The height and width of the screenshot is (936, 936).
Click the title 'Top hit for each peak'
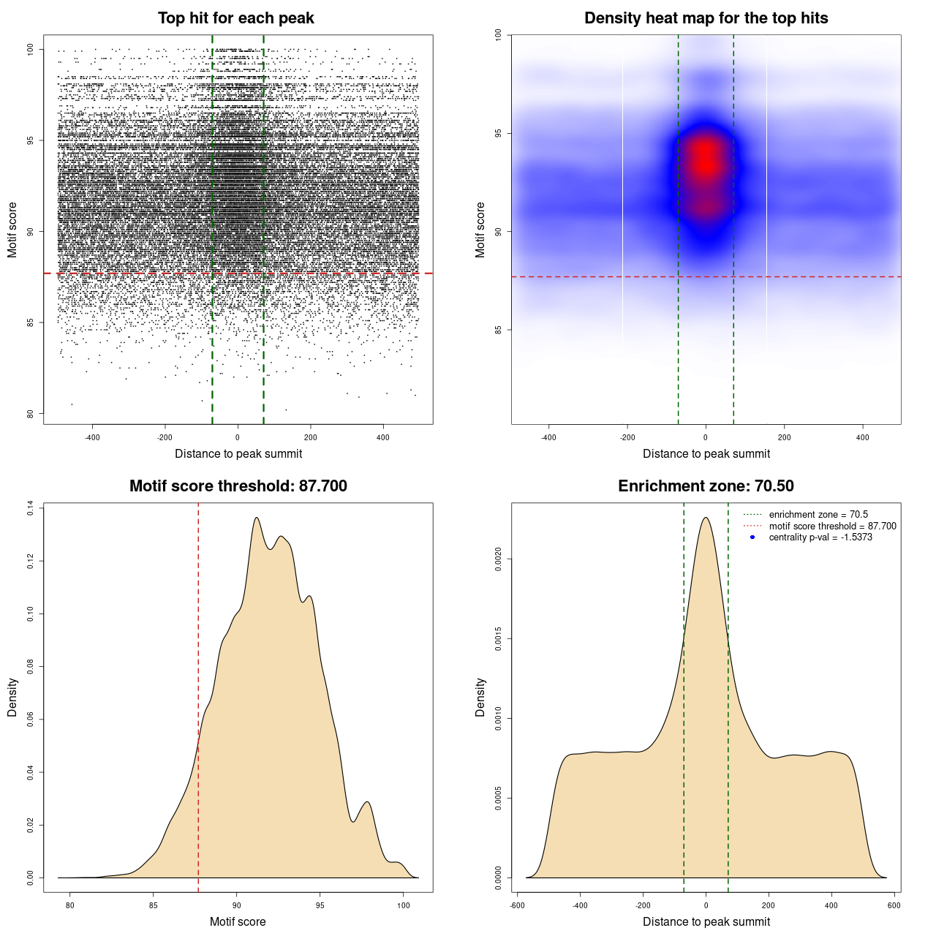(x=235, y=18)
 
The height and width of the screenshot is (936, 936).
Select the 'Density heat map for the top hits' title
(x=706, y=18)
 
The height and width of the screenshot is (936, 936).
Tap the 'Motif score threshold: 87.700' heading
(x=238, y=486)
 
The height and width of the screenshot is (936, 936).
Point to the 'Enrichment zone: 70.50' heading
(x=706, y=486)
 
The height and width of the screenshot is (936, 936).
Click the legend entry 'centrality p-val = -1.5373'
(x=820, y=537)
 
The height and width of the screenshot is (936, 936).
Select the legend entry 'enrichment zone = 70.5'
(x=818, y=515)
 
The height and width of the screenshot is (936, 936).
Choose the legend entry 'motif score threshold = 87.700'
(x=832, y=526)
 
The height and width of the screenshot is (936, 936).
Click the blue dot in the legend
(x=752, y=537)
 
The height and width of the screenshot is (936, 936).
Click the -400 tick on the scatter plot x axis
(x=92, y=437)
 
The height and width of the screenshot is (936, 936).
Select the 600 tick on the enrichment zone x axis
(x=894, y=905)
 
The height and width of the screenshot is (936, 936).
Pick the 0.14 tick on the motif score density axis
(x=31, y=508)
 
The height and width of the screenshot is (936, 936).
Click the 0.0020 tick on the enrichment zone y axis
(x=499, y=559)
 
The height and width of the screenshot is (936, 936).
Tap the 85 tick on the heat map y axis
(x=499, y=330)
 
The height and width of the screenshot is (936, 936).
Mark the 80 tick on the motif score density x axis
(x=70, y=905)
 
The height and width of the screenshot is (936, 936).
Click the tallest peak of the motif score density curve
(x=257, y=518)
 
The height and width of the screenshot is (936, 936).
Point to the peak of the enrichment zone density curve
(x=706, y=518)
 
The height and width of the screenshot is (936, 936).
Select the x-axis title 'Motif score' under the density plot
(x=238, y=921)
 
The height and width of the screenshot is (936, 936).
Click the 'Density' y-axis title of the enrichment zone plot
(x=480, y=697)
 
